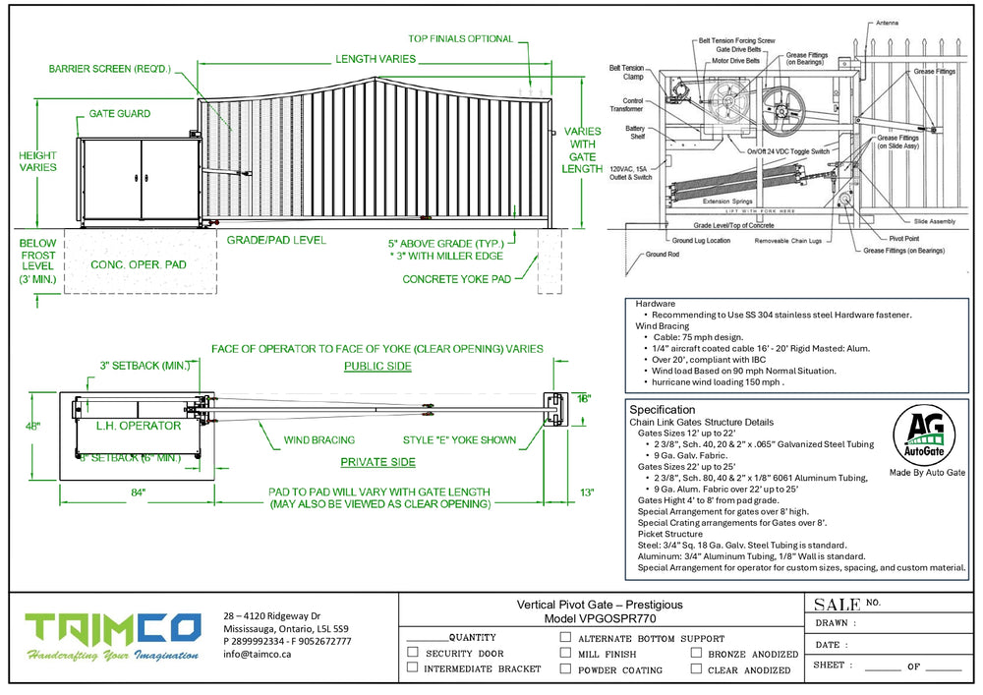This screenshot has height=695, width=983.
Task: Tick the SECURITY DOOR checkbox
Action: [x=412, y=653]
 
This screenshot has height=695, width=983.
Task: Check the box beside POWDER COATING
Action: [x=565, y=668]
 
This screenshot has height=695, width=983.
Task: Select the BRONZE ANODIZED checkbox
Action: [x=696, y=653]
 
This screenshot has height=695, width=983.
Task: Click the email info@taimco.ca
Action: [x=258, y=654]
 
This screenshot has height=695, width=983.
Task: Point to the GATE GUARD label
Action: [x=120, y=114]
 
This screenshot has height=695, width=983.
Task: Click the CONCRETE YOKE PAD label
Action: [x=456, y=279]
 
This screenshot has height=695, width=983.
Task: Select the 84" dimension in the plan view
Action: [x=137, y=491]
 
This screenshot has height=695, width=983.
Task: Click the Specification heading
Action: [x=663, y=409]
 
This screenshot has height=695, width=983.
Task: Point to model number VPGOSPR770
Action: [x=600, y=619]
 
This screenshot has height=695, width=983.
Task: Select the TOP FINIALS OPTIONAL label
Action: [x=461, y=39]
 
